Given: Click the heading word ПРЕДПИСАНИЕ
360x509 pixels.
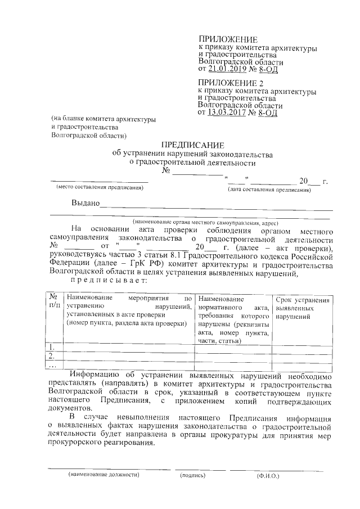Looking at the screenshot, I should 193,145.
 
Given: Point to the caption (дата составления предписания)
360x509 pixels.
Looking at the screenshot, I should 269,190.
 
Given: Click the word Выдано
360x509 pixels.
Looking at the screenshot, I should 85,203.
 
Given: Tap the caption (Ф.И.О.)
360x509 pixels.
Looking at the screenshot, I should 267,475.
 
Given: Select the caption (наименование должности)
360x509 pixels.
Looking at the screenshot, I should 103,475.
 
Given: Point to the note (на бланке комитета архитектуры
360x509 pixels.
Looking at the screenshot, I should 103,119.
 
